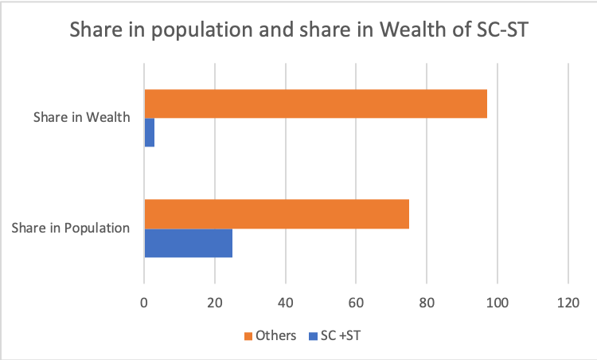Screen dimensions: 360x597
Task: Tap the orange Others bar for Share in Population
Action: pos(276,214)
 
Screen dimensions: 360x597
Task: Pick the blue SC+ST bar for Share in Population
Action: pos(188,242)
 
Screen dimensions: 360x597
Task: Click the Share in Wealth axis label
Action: pos(81,118)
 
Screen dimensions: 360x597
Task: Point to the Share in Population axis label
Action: pos(71,228)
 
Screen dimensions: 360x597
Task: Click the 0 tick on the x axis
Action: pos(144,302)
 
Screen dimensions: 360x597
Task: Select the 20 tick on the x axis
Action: pos(215,302)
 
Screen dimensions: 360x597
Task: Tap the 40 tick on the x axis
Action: pos(286,302)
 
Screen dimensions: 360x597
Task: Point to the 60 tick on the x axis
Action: pos(356,302)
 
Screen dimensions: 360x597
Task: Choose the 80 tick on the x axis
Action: pos(427,302)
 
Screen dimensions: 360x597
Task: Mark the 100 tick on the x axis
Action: pos(497,302)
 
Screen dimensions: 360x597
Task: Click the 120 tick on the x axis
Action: pos(568,302)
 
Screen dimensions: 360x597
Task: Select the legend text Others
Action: pos(275,336)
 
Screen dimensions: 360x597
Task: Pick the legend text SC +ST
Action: pos(340,336)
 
